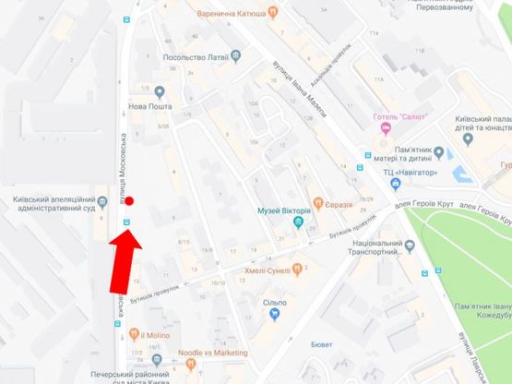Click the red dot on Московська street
click(x=131, y=200)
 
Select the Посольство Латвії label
click(x=196, y=56)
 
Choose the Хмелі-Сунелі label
click(x=269, y=270)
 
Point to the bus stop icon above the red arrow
click(x=128, y=222)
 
